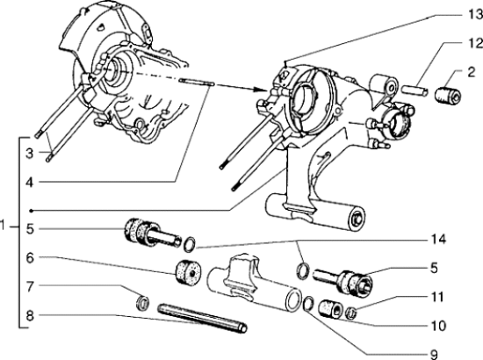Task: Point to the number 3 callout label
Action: [x=31, y=154]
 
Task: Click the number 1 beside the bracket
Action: [x=6, y=226]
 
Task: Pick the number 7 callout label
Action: [x=31, y=287]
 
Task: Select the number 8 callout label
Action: [x=31, y=314]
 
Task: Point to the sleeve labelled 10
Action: [x=331, y=309]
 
